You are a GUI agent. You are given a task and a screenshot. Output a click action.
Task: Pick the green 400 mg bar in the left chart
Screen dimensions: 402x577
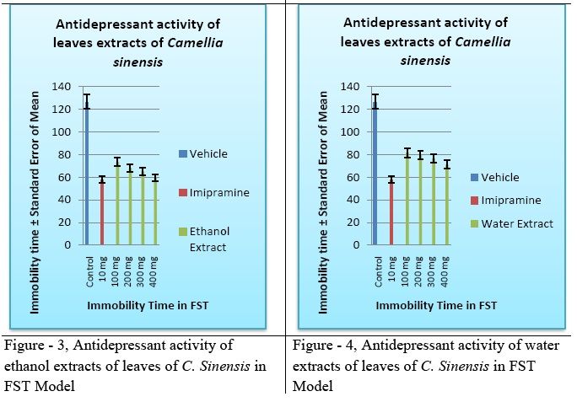(155, 212)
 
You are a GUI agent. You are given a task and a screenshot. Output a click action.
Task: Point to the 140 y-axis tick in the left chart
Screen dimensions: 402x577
(61, 87)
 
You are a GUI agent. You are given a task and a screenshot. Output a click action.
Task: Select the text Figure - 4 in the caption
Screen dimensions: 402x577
(321, 345)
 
